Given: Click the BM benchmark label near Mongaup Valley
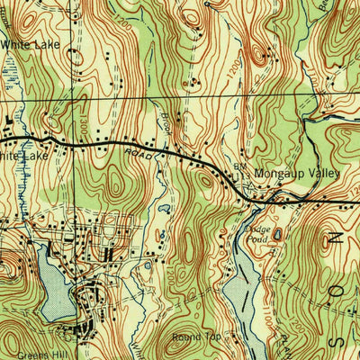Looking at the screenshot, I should point(239,168).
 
